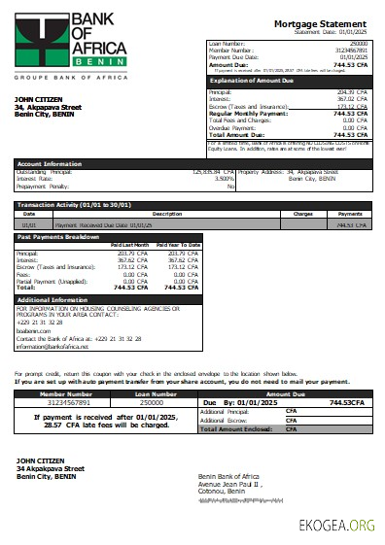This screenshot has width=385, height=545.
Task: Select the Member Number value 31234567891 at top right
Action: point(348,50)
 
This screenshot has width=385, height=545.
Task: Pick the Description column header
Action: point(167,214)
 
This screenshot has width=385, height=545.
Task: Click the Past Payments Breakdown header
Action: point(58,237)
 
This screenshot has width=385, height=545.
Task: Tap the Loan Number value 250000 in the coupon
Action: point(152,401)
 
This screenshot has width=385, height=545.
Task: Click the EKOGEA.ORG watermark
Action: point(335,526)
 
